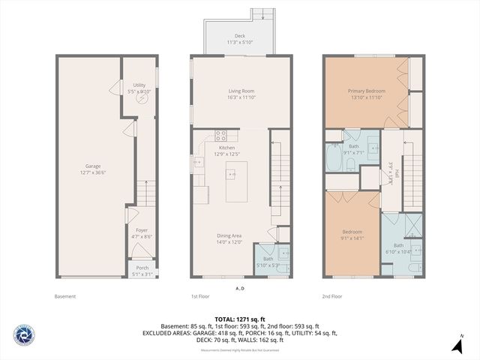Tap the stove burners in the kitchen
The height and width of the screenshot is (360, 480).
221,136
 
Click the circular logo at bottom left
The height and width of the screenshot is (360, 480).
23,335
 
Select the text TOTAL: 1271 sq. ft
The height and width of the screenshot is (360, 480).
240,319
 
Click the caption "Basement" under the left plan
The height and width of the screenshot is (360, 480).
65,296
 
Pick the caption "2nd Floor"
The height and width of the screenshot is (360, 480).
333,296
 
